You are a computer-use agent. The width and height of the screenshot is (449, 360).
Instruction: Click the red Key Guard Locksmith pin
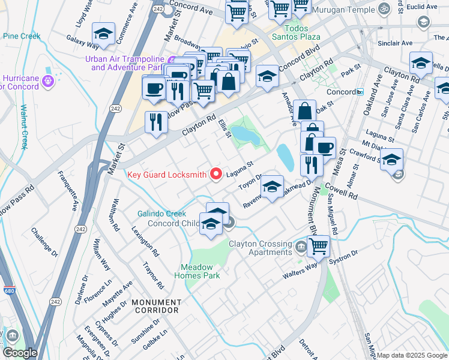click(x=216, y=175)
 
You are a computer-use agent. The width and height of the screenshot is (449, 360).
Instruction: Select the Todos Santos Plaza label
click(x=289, y=32)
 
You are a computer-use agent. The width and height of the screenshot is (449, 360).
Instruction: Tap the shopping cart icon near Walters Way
click(x=318, y=245)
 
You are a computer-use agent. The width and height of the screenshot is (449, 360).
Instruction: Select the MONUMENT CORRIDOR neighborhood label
click(x=156, y=306)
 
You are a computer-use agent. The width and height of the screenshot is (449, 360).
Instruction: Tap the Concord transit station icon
click(x=360, y=92)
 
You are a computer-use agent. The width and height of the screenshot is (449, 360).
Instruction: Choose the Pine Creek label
click(x=21, y=36)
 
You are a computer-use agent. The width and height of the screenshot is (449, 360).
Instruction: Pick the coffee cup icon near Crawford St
click(x=325, y=148)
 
